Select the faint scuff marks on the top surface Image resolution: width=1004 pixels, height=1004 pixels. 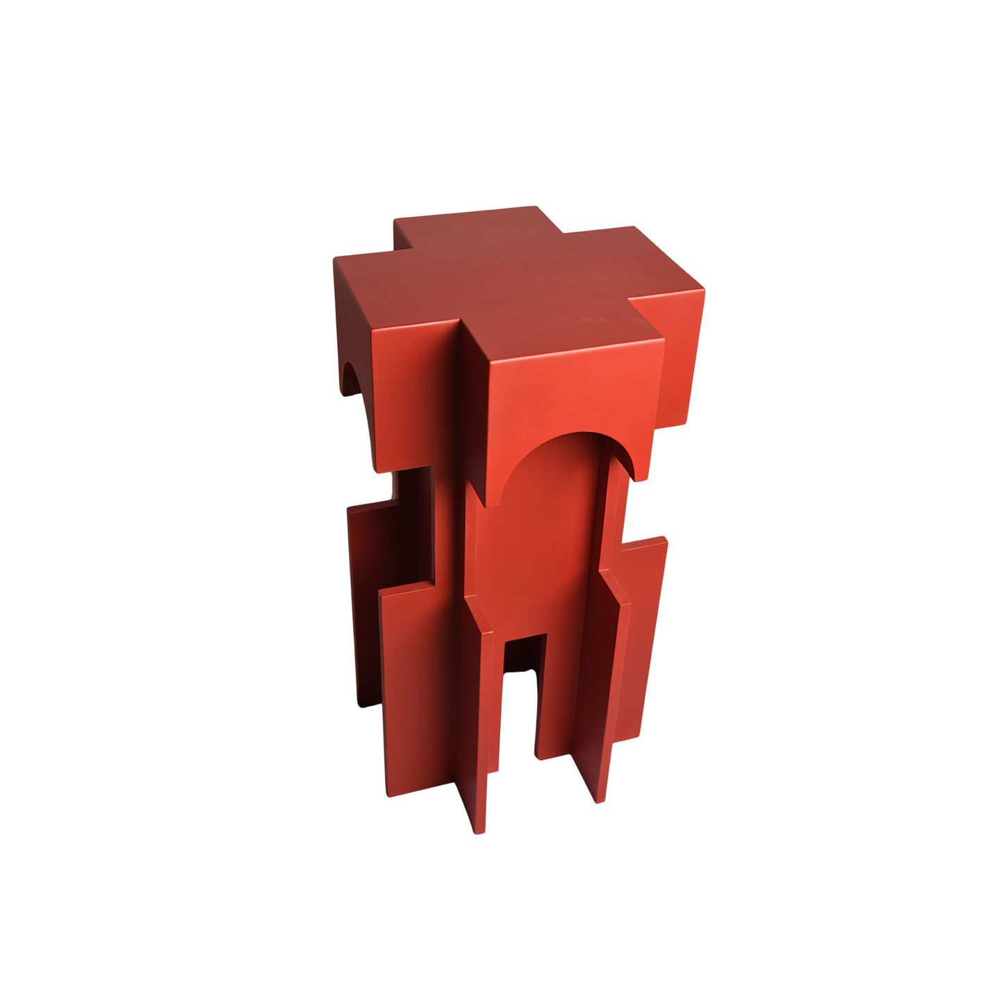pos(611,320)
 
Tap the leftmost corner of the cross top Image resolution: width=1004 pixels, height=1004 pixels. pos(335,258)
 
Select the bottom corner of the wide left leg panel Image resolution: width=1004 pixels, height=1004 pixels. pos(388,795)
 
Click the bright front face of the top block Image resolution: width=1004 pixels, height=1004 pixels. pos(570,396)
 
